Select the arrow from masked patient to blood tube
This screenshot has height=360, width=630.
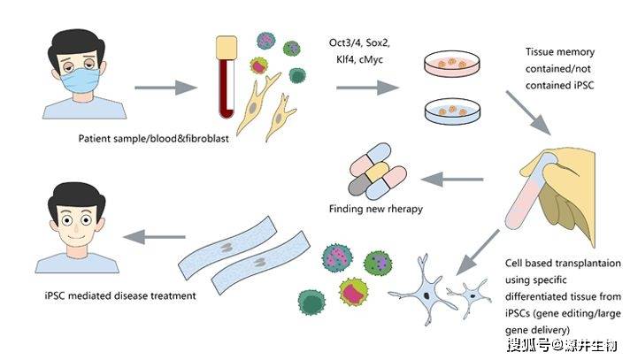click(x=165, y=88)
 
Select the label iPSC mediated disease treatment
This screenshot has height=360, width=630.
click(x=104, y=294)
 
